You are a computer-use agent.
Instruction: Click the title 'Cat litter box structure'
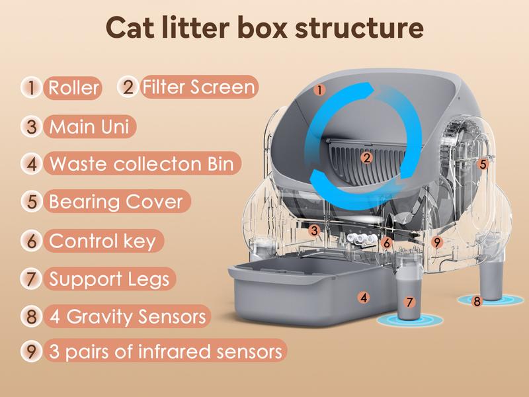(264, 28)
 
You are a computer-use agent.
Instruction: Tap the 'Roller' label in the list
(73, 87)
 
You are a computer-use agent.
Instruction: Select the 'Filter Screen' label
(198, 87)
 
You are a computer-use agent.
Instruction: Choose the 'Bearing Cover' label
(116, 201)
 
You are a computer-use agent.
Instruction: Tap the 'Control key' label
(102, 240)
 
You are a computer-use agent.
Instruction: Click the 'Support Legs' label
(109, 279)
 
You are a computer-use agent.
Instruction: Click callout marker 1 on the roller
(319, 89)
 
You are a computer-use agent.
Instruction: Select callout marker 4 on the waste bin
(363, 297)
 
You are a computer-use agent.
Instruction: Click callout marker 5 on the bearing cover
(483, 163)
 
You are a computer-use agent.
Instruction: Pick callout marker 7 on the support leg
(409, 302)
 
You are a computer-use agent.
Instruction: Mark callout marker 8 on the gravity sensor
(477, 301)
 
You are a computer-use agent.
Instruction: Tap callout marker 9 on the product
(436, 242)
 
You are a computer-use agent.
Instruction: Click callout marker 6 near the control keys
(387, 243)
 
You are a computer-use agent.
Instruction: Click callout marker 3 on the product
(316, 231)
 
